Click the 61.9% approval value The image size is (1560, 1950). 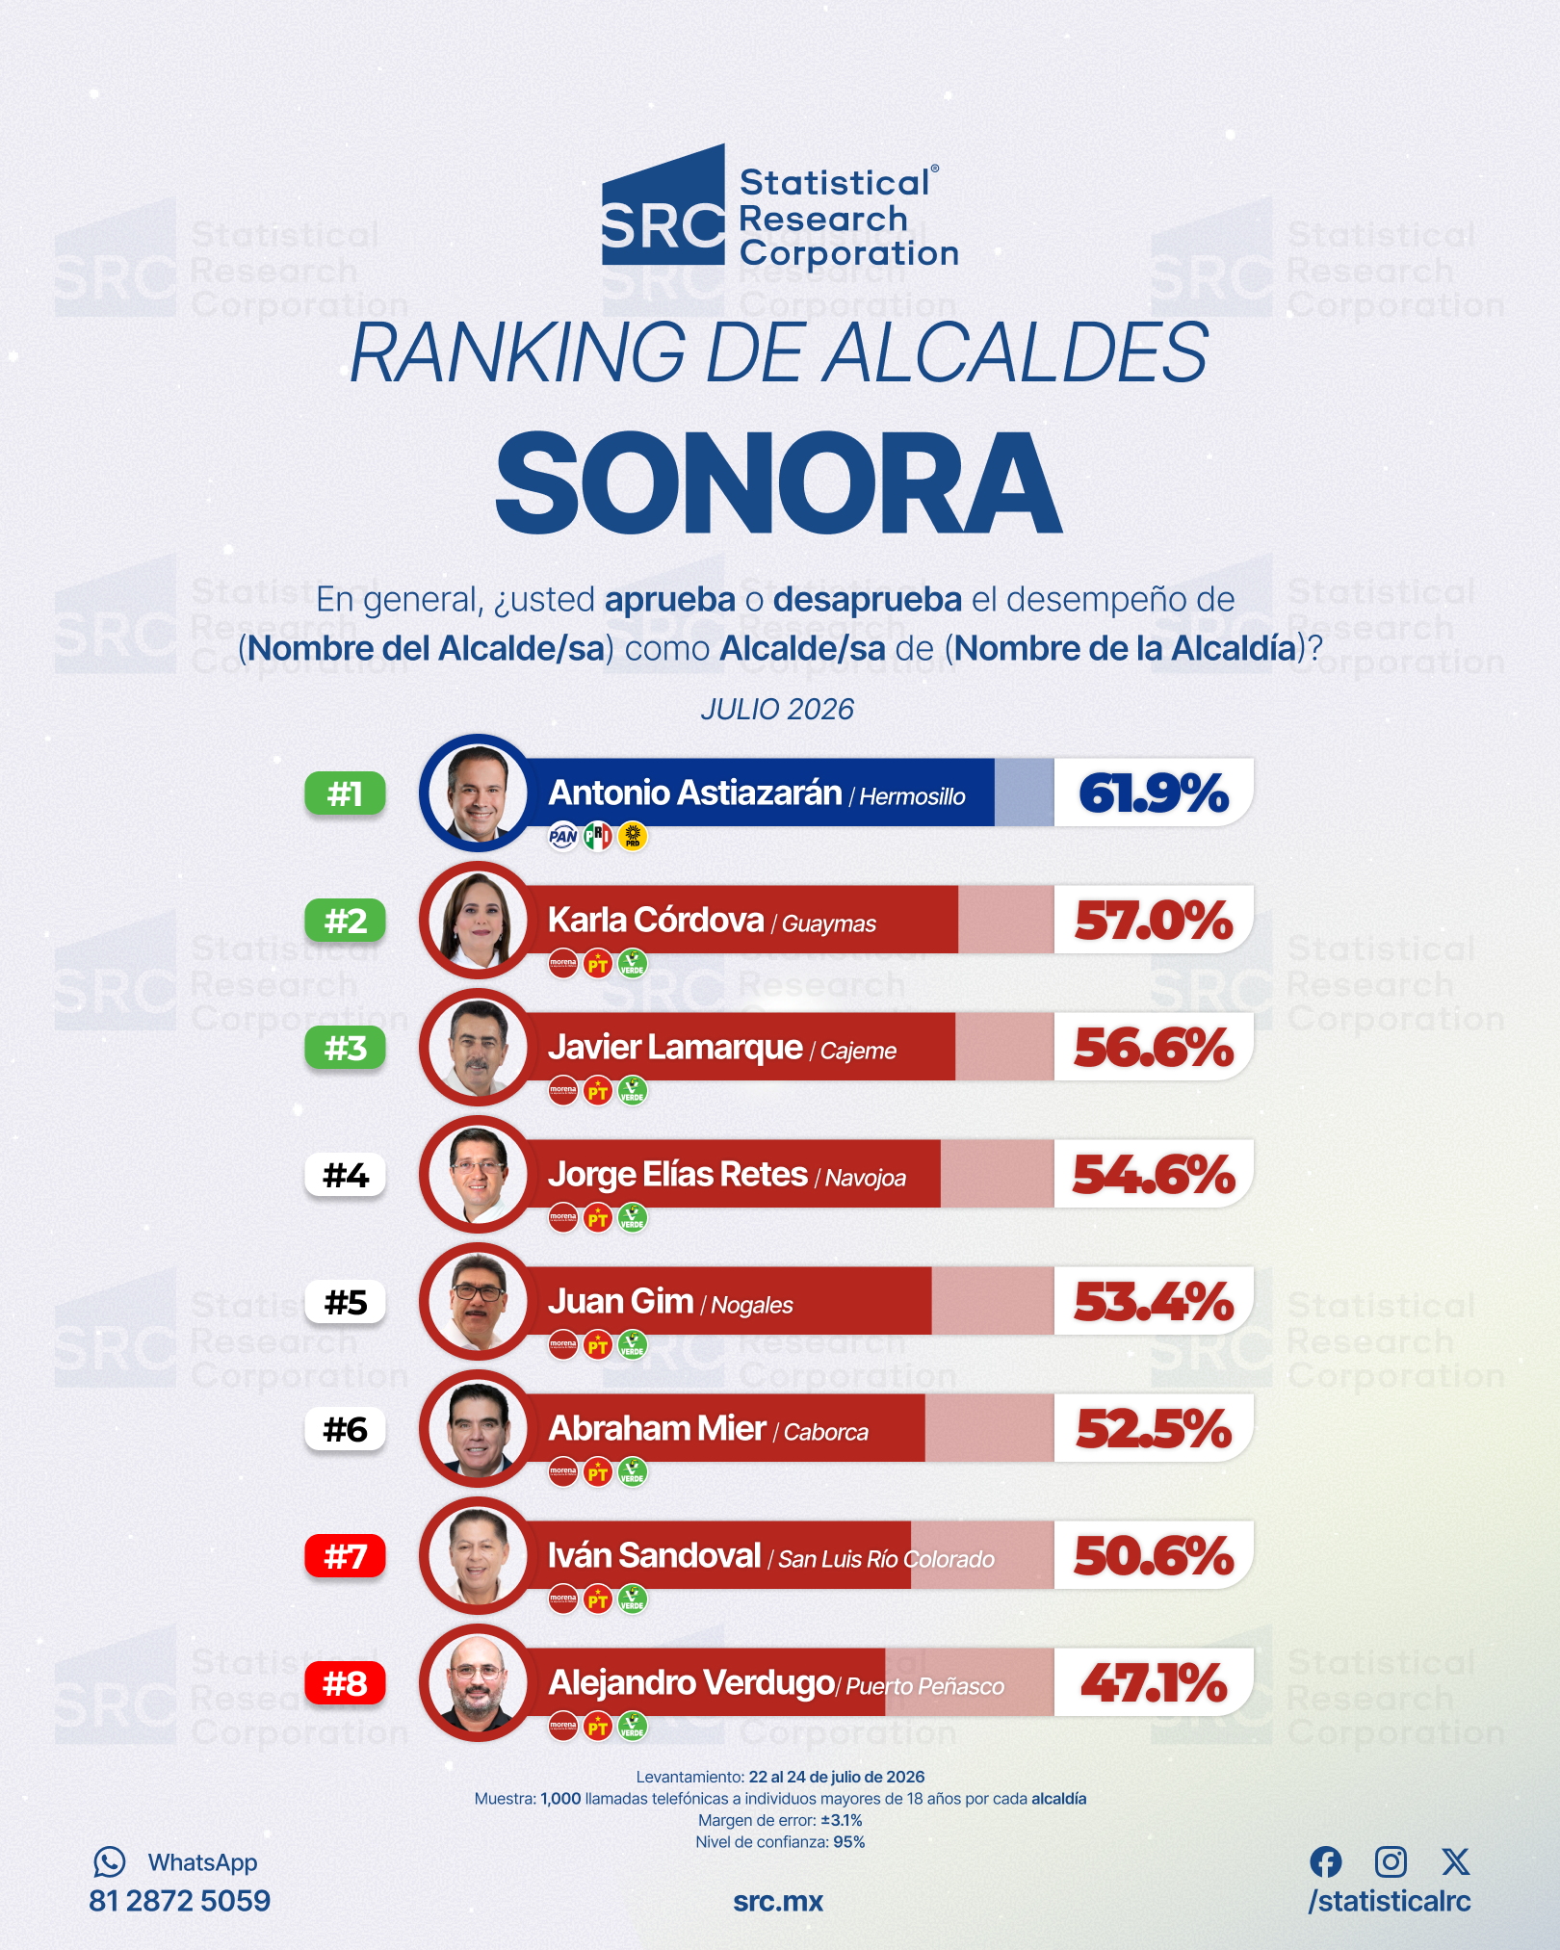pos(1154,793)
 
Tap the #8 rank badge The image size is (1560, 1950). pos(345,1683)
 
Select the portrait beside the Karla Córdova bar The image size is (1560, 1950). pos(478,920)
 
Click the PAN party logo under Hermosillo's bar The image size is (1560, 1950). pos(563,836)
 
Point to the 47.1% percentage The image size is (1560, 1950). pos(1154,1683)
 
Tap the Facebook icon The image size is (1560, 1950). pos(1325,1861)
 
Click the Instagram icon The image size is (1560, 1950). pos(1391,1861)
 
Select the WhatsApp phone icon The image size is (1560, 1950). pos(109,1861)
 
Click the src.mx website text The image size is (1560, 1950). pos(778,1902)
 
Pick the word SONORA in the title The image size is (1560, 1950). pos(778,482)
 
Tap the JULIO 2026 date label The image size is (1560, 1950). pos(777,710)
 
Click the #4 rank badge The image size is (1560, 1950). pos(345,1175)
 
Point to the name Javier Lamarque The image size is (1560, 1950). pos(675,1047)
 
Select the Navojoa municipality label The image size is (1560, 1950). pos(865,1178)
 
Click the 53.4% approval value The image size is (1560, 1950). pos(1154,1302)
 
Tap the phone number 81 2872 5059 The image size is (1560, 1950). pos(179,1901)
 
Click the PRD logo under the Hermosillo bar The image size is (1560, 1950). pos(633,836)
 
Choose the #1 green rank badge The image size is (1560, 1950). pos(345,793)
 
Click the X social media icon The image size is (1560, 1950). pos(1456,1861)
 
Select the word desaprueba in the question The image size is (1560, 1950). pos(867,599)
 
